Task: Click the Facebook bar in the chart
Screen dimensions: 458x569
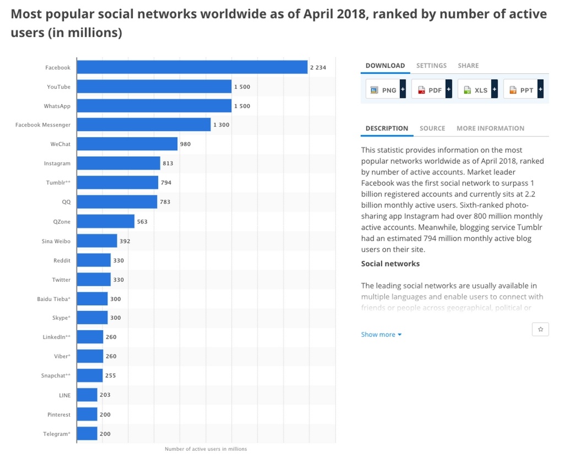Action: [192, 67]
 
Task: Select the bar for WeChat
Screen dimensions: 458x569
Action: [127, 144]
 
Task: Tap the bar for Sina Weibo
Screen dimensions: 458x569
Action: [96, 241]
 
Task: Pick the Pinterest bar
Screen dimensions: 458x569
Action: [86, 415]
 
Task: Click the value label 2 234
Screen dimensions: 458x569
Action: [318, 68]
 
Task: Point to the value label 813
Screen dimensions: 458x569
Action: [168, 163]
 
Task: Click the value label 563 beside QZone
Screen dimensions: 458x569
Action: [142, 222]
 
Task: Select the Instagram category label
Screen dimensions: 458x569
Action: [57, 163]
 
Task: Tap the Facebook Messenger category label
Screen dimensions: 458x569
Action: [43, 125]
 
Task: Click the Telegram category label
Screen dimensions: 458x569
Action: [57, 434]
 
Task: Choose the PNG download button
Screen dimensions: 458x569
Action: [386, 90]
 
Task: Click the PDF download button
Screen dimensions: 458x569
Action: [431, 90]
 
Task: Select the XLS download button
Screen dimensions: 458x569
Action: [477, 90]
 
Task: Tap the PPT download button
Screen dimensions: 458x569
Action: [523, 90]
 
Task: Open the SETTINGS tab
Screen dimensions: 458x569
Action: [431, 66]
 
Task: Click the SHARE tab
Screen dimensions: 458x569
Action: [468, 66]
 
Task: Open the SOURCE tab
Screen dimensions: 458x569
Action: [432, 128]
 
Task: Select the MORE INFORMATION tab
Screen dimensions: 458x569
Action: [490, 128]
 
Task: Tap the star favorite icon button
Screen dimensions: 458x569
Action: [540, 329]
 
